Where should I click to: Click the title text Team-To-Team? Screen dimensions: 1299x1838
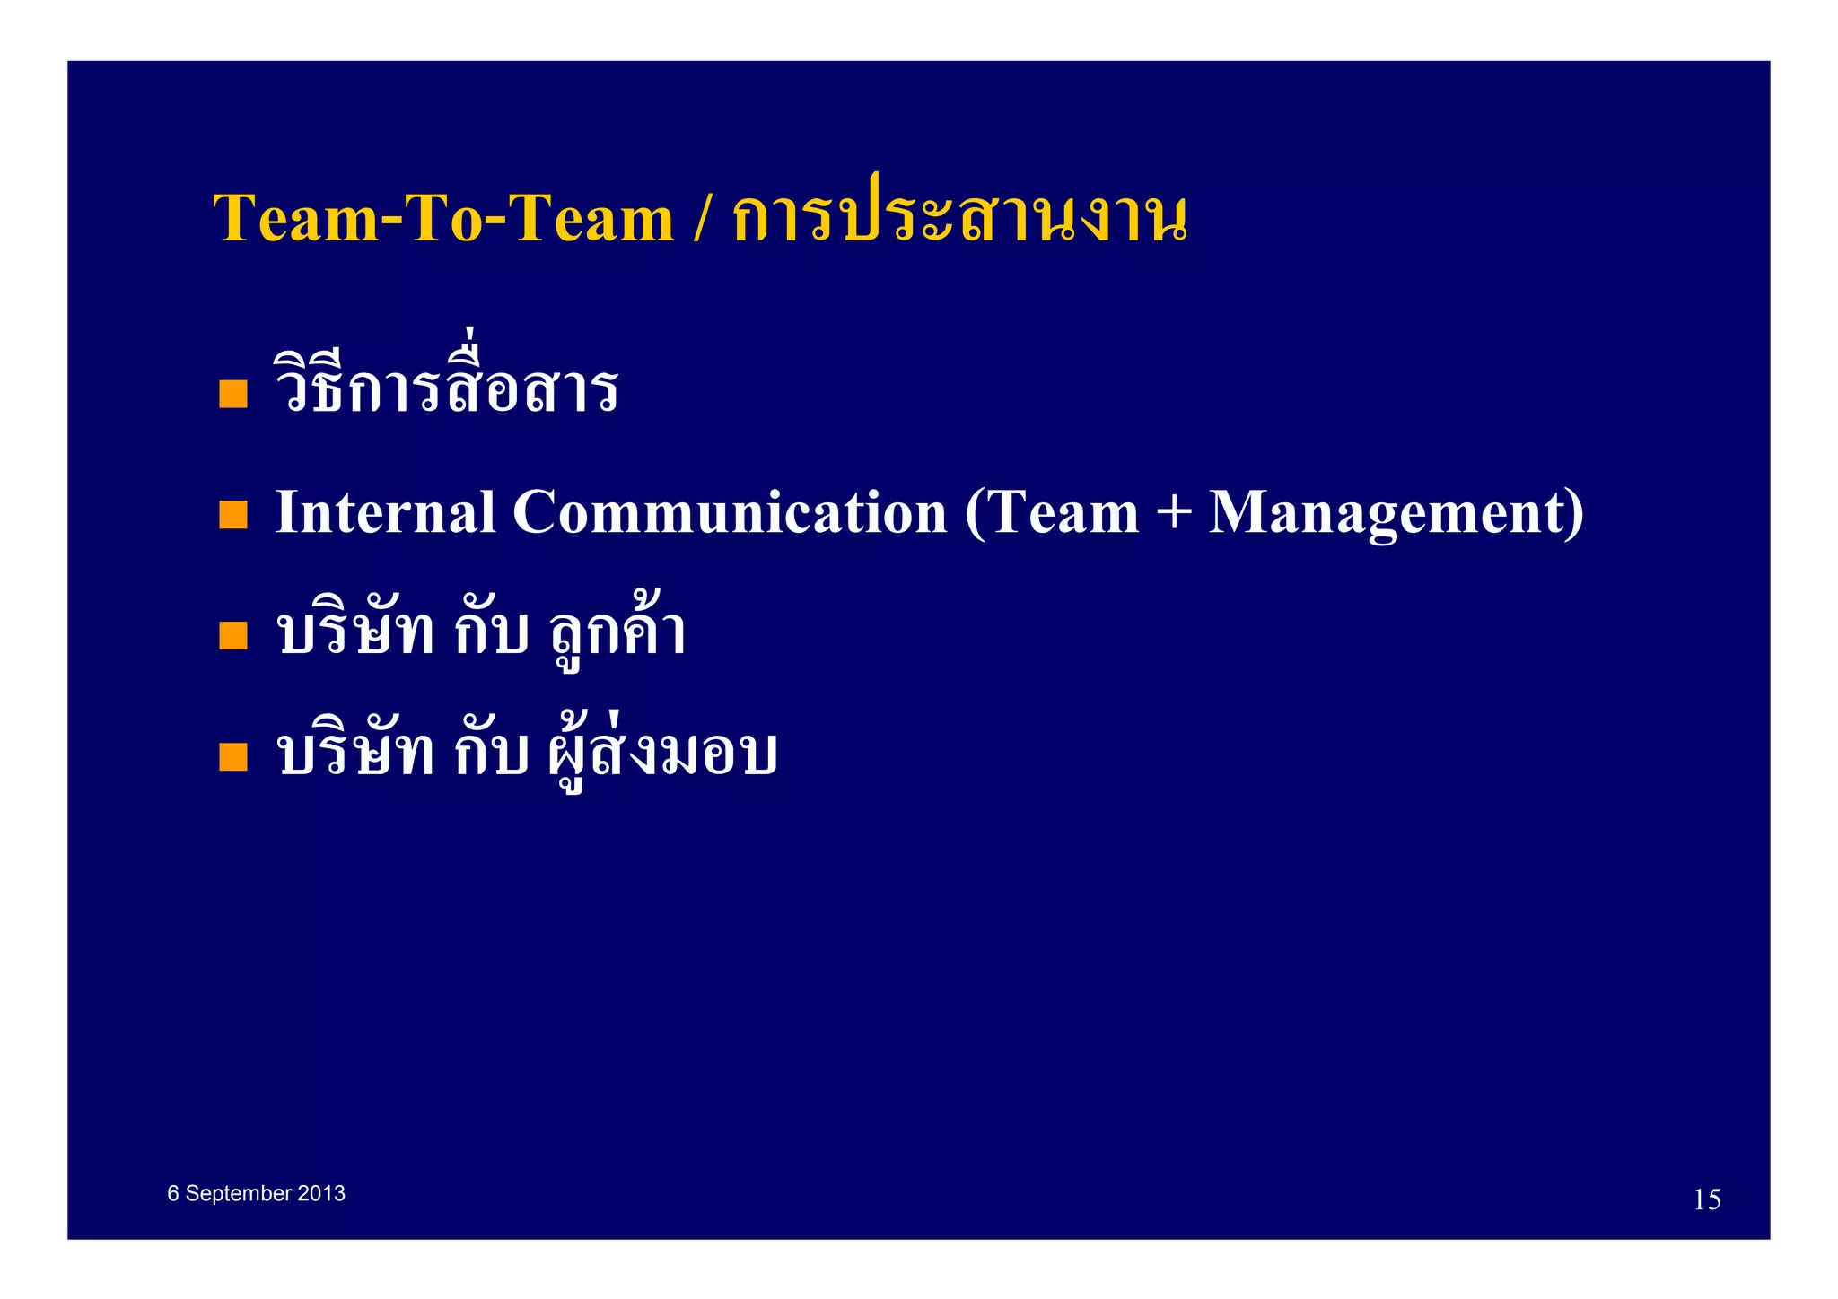click(x=443, y=218)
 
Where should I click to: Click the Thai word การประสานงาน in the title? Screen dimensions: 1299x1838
click(x=959, y=218)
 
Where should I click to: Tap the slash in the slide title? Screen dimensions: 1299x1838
click(x=702, y=218)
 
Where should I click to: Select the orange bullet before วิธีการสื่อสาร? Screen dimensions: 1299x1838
click(x=233, y=395)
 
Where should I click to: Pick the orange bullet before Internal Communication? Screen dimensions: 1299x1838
click(x=233, y=515)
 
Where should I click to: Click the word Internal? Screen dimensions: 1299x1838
click(x=385, y=512)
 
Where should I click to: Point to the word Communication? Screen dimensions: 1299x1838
click(x=730, y=512)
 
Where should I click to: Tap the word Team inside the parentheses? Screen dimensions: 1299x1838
click(x=1063, y=512)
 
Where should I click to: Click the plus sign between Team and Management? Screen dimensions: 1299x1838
click(x=1174, y=514)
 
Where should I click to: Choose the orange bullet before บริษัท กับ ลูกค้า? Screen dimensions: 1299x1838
click(x=233, y=636)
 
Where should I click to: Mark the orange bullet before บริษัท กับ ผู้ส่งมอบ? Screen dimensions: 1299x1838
click(x=233, y=757)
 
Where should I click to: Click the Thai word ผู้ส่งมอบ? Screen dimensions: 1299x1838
click(x=662, y=754)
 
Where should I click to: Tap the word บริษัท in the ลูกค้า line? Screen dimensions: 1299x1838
click(x=356, y=632)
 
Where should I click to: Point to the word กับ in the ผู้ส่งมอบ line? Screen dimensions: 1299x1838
click(x=491, y=754)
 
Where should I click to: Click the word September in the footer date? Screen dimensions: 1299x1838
click(x=239, y=1194)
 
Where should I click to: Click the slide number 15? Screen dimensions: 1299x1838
click(x=1707, y=1200)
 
